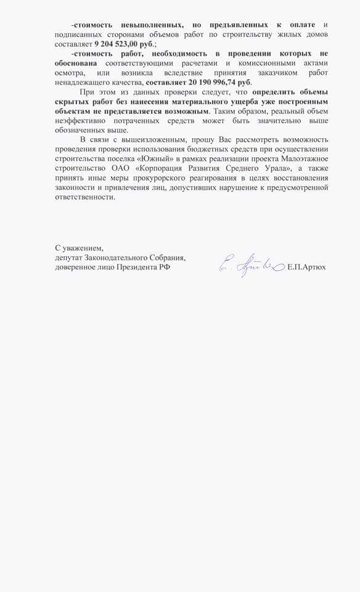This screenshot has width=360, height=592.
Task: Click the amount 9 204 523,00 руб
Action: click(124, 44)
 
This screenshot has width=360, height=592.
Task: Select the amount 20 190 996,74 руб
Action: click(200, 82)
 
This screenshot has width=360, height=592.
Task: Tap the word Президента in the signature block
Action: click(132, 268)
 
